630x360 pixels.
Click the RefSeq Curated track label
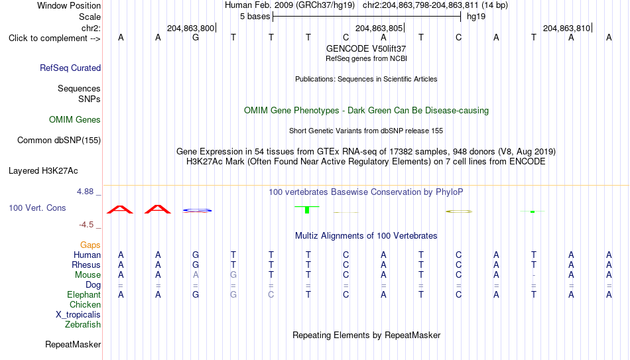point(70,68)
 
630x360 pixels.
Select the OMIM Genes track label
point(75,120)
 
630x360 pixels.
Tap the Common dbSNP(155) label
point(58,141)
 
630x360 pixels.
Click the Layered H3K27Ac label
point(43,171)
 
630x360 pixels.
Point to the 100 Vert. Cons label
point(37,208)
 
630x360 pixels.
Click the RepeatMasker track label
point(73,344)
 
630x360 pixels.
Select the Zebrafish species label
point(83,324)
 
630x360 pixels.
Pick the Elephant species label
point(84,294)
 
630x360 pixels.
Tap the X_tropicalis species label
point(78,315)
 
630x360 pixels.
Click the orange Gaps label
point(90,245)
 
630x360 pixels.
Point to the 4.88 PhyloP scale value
point(85,192)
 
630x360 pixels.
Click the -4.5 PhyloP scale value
point(86,225)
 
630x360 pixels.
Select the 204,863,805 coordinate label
point(379,28)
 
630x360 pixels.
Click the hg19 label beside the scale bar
point(476,17)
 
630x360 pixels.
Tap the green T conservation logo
point(307,210)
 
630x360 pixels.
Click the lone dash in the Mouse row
point(534,275)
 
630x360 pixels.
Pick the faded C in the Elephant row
point(271,294)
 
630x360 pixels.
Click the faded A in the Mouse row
point(196,275)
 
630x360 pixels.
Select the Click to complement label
point(54,38)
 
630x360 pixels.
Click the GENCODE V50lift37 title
point(366,48)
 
